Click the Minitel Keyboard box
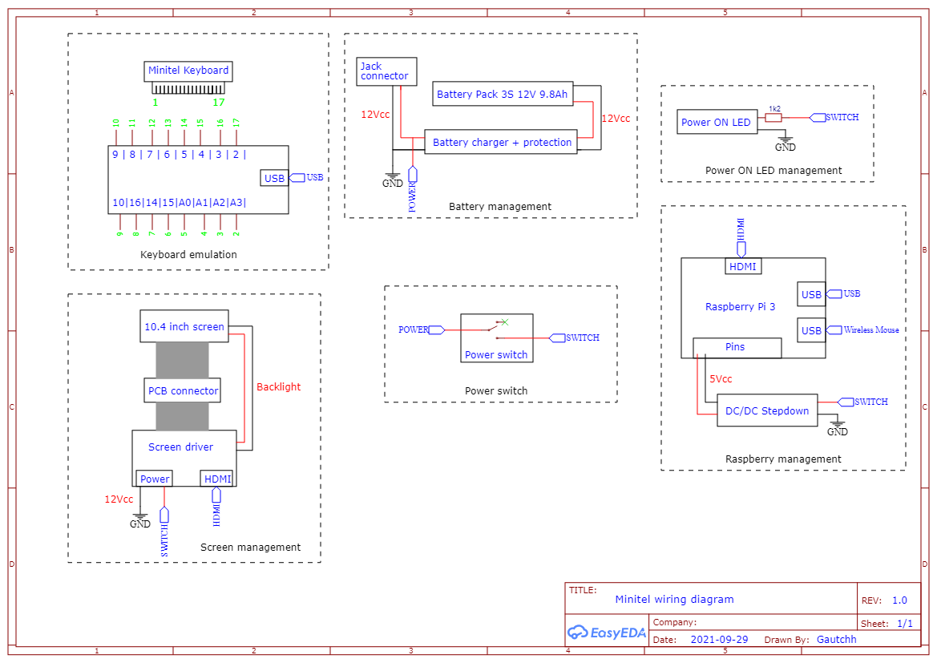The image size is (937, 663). click(188, 71)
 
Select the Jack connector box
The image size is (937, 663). click(386, 71)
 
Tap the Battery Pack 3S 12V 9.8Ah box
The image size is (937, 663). click(502, 95)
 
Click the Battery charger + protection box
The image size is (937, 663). click(502, 143)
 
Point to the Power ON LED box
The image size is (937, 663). click(716, 123)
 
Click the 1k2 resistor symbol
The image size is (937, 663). click(773, 117)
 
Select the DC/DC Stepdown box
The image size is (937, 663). click(767, 410)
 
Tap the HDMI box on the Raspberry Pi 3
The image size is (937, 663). click(743, 266)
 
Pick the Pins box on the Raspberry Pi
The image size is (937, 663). click(736, 347)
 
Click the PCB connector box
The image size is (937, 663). click(183, 390)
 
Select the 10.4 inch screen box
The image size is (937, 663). click(184, 326)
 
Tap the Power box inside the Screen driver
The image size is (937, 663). click(155, 479)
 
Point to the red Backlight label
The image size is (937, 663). click(278, 386)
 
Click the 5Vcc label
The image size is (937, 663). click(720, 378)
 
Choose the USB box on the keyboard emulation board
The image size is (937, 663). click(274, 178)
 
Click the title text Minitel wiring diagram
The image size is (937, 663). click(674, 599)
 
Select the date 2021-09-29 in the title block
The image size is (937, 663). click(719, 640)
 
